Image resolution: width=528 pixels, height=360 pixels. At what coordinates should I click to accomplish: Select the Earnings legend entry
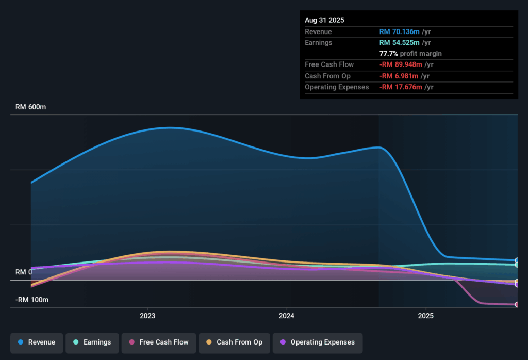pos(92,342)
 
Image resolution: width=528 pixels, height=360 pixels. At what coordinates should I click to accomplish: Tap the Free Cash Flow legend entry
pos(158,342)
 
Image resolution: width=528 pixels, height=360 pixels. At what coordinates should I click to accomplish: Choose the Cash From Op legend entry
pos(234,342)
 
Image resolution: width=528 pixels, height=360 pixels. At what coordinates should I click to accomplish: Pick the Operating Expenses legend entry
pos(317,342)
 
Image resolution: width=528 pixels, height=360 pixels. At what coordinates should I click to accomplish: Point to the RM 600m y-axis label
pos(31,107)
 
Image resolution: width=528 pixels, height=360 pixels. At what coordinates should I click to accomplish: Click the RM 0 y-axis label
pos(24,272)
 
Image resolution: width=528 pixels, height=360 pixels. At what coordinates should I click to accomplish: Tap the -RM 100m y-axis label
pos(32,300)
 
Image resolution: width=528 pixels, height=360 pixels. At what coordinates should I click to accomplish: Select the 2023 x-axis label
pos(147,315)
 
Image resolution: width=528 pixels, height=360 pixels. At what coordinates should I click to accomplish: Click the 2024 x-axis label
pos(287,315)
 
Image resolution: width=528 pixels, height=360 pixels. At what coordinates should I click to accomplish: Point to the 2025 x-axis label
pos(426,315)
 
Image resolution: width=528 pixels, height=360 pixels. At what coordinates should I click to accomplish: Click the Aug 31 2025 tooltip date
pos(324,20)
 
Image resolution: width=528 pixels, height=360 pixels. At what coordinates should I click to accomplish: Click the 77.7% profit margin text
pos(410,53)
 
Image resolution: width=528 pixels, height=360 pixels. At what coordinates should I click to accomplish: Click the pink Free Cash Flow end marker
pos(517,305)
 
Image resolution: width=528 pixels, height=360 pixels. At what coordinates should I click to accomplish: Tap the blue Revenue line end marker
pos(517,260)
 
